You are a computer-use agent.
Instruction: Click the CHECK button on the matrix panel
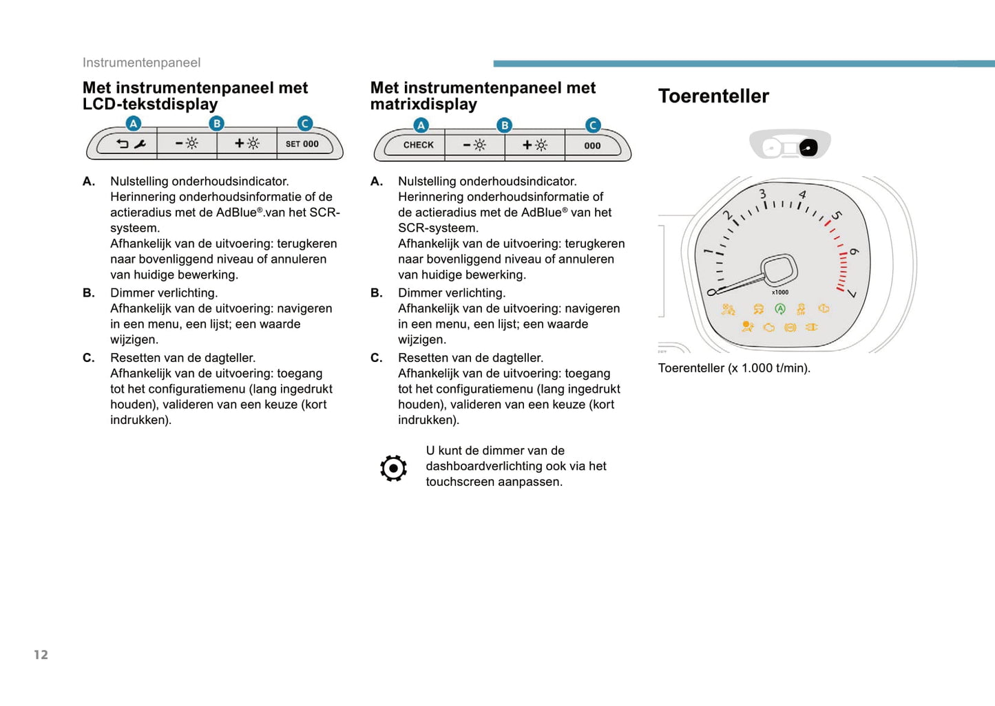(x=418, y=145)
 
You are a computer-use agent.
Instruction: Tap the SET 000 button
(x=302, y=144)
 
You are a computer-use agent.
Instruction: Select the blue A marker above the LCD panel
(x=134, y=124)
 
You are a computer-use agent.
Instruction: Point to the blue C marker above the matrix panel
(x=592, y=125)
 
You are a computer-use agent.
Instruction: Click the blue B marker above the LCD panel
(x=217, y=124)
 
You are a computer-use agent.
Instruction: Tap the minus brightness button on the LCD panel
(x=187, y=144)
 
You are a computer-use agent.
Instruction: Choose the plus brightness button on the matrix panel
(x=535, y=145)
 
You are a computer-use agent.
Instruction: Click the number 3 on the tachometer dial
(x=762, y=194)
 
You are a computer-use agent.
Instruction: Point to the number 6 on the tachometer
(x=854, y=252)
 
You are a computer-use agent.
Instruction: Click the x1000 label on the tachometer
(x=780, y=292)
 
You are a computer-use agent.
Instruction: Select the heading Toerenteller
(x=713, y=96)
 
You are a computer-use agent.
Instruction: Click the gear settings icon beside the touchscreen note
(x=393, y=468)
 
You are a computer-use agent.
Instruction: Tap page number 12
(x=41, y=654)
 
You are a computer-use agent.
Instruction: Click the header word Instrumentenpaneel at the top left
(x=141, y=63)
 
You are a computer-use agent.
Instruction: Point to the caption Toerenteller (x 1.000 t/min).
(x=734, y=368)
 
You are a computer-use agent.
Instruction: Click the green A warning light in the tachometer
(x=779, y=310)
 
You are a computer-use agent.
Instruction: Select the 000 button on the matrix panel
(x=592, y=146)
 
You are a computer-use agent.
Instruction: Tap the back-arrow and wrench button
(x=131, y=144)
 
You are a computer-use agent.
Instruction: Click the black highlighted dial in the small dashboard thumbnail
(x=808, y=147)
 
